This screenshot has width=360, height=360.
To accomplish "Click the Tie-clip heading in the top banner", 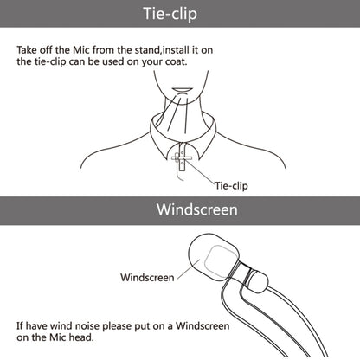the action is [170, 14].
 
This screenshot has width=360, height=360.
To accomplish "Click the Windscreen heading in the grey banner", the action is [197, 209].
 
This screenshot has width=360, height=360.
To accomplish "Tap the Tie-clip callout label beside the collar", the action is [231, 186].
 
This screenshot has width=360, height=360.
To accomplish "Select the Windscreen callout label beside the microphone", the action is [147, 278].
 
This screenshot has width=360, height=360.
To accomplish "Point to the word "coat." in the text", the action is [176, 61].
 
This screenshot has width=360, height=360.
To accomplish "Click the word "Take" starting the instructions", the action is [27, 50].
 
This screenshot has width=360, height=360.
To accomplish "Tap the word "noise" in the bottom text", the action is [87, 326].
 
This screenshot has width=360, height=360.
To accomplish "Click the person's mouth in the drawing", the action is [181, 90].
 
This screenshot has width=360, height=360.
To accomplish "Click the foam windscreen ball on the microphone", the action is [213, 257].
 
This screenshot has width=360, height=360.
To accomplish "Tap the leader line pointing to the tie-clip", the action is [201, 170].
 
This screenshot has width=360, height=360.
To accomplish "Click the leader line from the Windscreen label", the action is [189, 269].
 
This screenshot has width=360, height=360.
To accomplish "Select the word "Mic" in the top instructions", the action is [81, 50].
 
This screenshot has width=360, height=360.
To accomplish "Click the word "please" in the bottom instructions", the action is [117, 327].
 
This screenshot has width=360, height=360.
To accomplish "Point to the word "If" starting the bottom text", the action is [20, 326].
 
